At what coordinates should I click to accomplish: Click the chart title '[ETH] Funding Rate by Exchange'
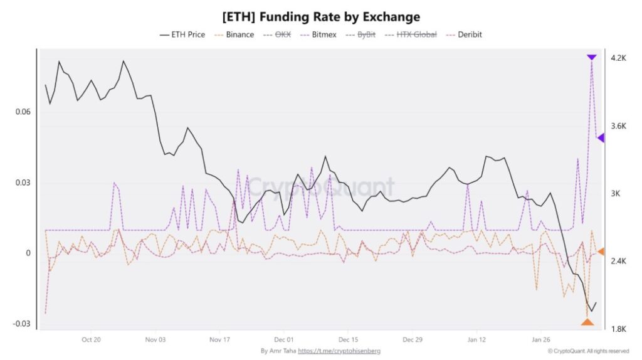click(x=321, y=16)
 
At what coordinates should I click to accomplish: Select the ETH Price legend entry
click(x=182, y=34)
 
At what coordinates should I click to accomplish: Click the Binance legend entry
click(x=234, y=34)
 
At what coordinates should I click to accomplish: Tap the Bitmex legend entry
click(x=318, y=34)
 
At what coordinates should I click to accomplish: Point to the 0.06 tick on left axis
click(x=23, y=112)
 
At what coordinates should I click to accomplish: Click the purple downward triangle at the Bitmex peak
click(x=591, y=57)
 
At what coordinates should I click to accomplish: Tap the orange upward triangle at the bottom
click(x=587, y=322)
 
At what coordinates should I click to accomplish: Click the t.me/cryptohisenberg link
click(x=339, y=351)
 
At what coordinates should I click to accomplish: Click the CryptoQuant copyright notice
click(x=588, y=351)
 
